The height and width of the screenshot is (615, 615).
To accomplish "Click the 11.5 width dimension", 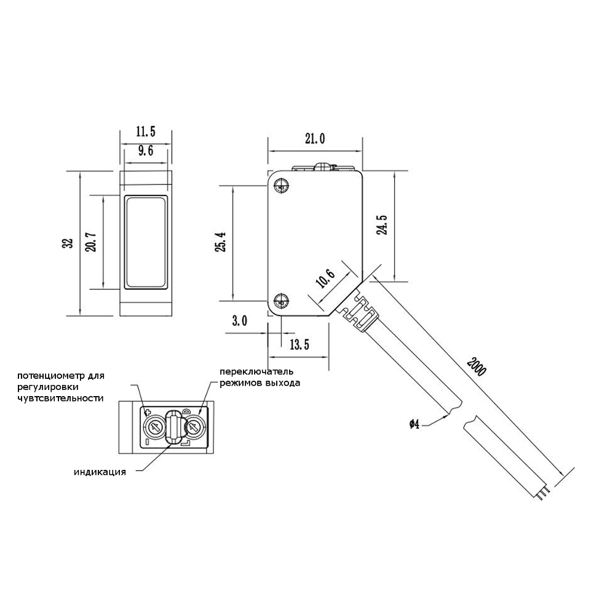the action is tap(146, 132).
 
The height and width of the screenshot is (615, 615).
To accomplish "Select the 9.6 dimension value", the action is tap(146, 151).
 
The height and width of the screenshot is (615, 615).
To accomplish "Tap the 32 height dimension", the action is tap(68, 243).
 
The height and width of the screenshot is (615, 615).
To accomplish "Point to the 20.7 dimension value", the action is tap(92, 242).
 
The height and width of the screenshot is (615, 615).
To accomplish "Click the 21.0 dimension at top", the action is tap(315, 138).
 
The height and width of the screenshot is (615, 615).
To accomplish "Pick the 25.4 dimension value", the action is tap(221, 242).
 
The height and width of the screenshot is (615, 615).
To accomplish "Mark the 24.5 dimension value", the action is tap(382, 224).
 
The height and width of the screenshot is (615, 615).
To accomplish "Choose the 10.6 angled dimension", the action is tap(325, 279).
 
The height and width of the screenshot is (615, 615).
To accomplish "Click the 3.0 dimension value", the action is tap(240, 321).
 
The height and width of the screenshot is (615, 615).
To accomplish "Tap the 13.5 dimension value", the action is tap(300, 344).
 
